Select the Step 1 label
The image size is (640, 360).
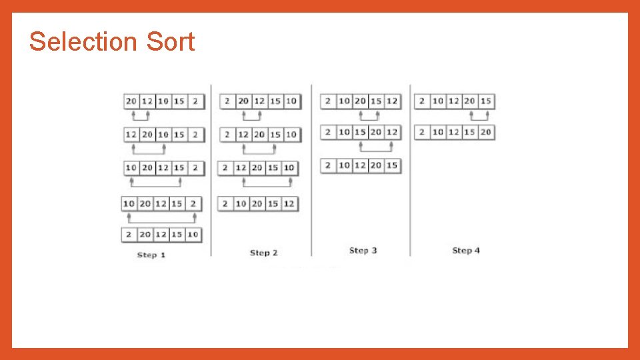151,255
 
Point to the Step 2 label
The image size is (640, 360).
263,253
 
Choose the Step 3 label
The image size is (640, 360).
363,251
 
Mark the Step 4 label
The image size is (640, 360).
466,251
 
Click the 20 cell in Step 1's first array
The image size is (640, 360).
131,101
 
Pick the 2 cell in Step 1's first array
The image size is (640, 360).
195,101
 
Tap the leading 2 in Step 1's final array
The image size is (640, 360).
129,235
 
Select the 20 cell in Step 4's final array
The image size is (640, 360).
486,132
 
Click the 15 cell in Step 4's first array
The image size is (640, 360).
486,101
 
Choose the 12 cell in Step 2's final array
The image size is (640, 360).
289,203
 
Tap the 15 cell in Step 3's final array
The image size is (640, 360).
392,165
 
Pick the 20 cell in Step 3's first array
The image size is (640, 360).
360,101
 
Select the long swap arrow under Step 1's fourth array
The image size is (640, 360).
161,216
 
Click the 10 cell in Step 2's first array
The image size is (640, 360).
291,101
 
